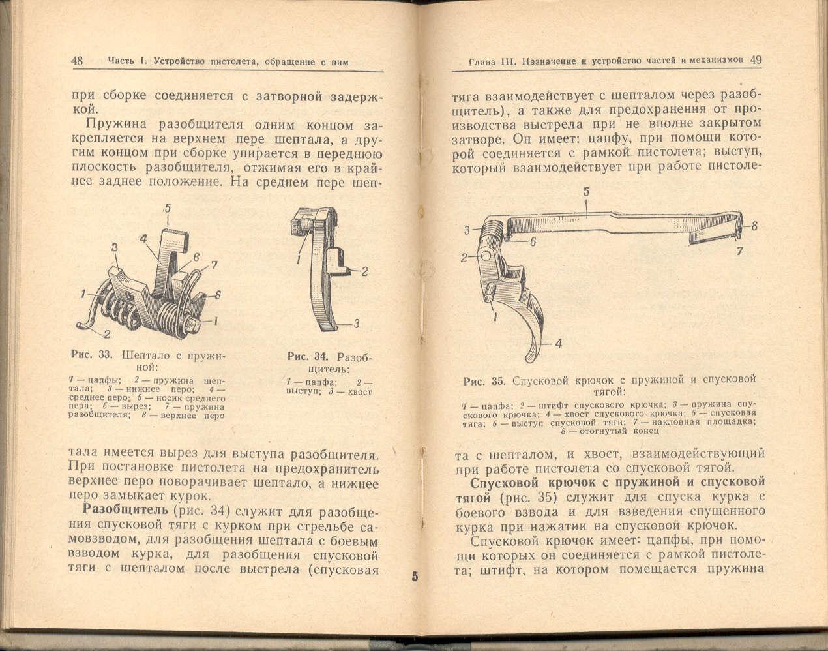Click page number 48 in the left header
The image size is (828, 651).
pos(77,61)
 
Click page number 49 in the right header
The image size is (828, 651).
pos(756,59)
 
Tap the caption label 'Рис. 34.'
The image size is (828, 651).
pos(308,357)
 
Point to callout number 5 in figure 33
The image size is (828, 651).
pos(168,209)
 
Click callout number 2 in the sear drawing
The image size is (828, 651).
pos(106,334)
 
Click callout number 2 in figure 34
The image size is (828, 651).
pos(365,271)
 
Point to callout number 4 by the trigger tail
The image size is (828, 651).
pos(559,344)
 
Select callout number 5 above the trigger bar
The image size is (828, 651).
pos(587,192)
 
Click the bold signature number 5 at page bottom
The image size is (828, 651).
pos(414,577)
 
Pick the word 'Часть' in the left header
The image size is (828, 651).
pos(121,61)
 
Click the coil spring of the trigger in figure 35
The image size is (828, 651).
pos(492,230)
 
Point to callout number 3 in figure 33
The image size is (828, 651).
pos(115,247)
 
